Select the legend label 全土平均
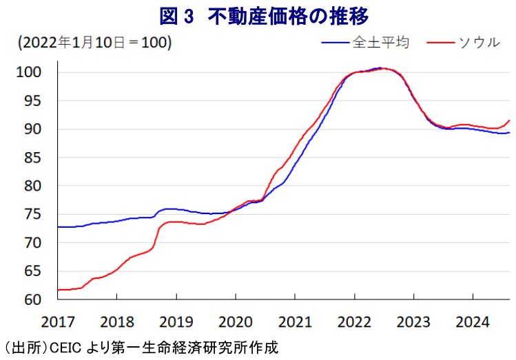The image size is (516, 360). click(380, 42)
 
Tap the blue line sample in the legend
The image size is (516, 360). click(336, 43)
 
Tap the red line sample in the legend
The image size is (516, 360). click(441, 43)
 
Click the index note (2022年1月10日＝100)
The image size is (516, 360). click(95, 43)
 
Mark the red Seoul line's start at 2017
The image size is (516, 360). click(58, 290)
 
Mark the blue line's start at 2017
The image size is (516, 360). click(58, 226)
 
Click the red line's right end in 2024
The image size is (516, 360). click(509, 120)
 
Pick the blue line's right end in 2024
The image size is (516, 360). click(509, 133)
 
